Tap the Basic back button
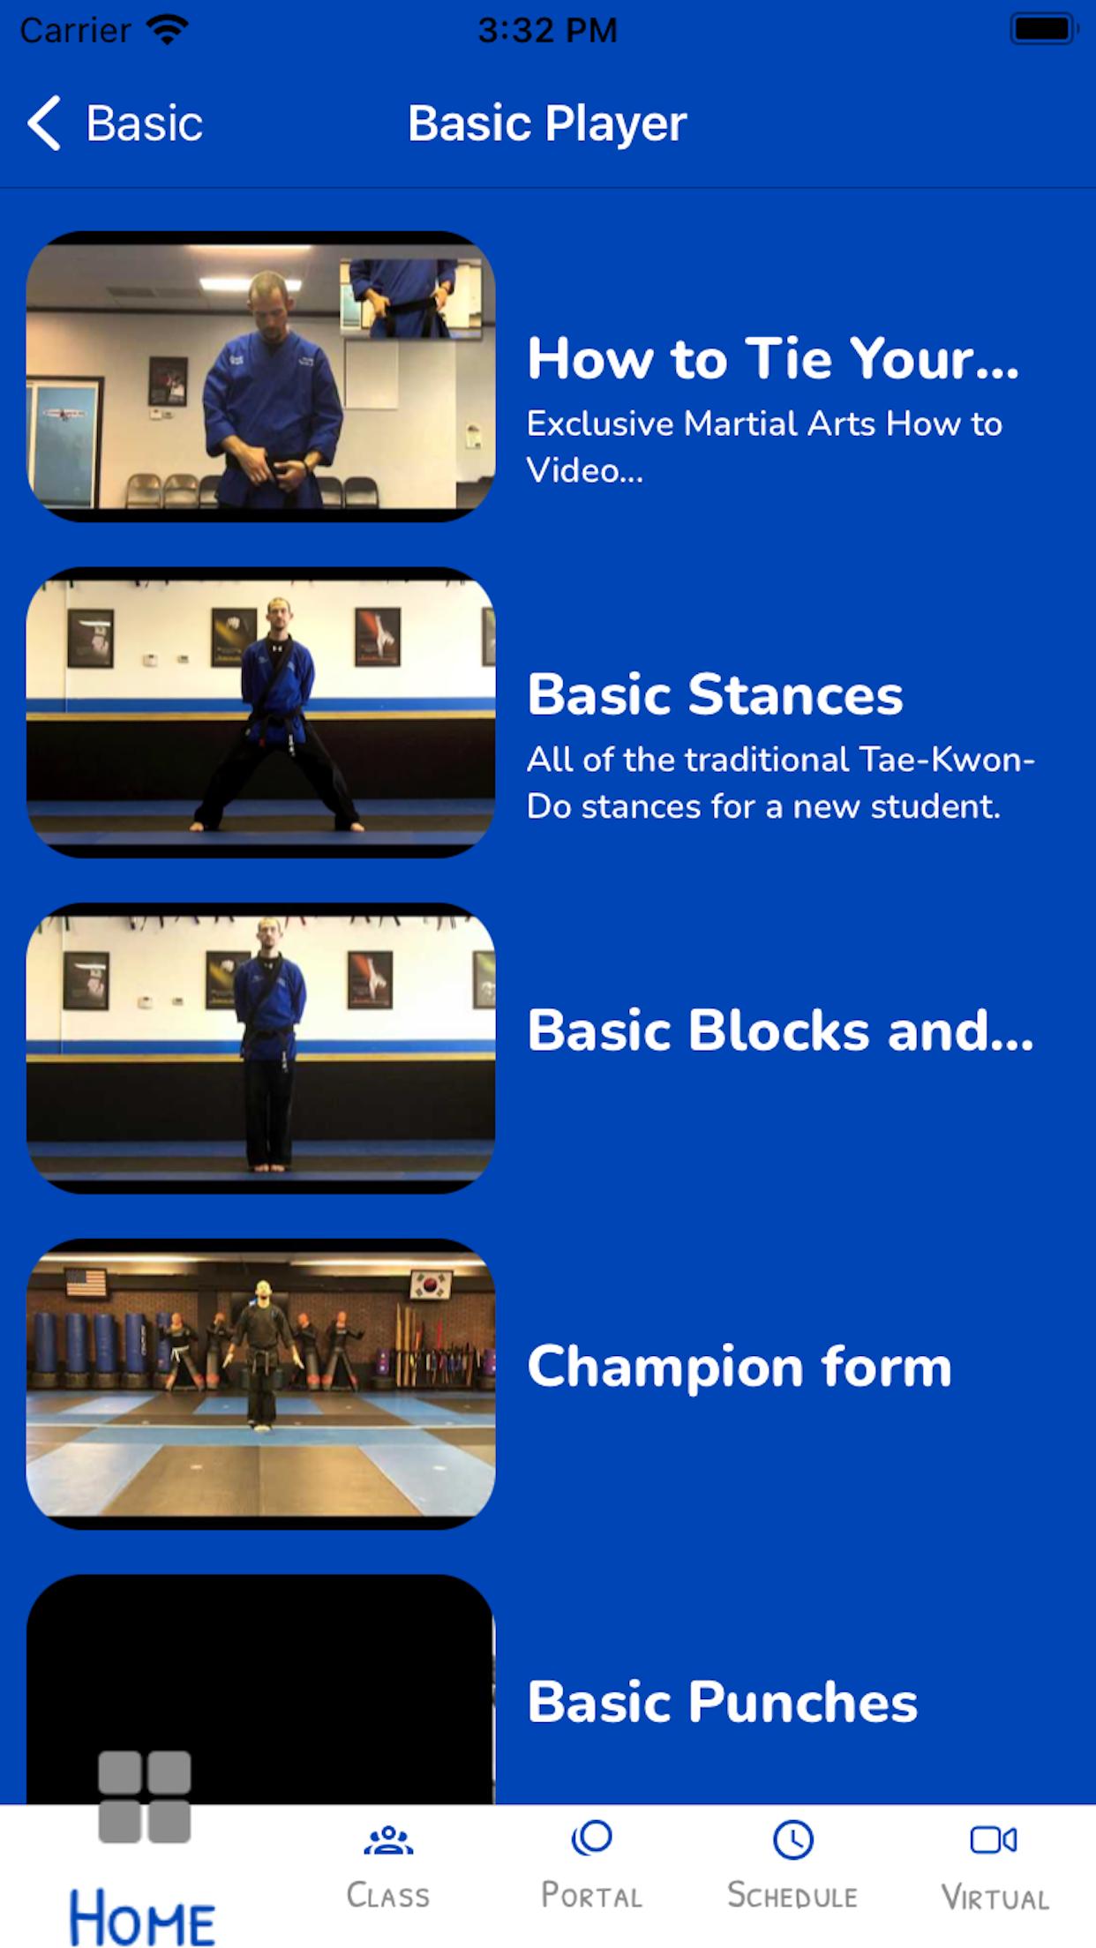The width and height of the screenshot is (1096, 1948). [x=115, y=123]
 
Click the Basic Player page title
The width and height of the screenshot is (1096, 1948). [x=547, y=124]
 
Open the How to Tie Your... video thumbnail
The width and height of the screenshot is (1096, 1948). [x=260, y=377]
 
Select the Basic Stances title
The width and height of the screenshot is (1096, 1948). [x=715, y=694]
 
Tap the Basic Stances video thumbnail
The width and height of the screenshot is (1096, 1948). [x=260, y=712]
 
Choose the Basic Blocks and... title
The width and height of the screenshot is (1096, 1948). [x=780, y=1030]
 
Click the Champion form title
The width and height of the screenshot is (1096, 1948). [x=739, y=1367]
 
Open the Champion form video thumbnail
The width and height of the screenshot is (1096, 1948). [x=260, y=1383]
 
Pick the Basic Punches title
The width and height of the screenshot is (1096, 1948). [x=722, y=1702]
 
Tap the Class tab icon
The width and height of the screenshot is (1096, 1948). [x=388, y=1840]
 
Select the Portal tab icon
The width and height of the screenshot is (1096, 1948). [x=591, y=1839]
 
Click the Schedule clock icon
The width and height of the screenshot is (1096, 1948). [x=793, y=1840]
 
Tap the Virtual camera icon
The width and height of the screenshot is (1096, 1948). [x=994, y=1839]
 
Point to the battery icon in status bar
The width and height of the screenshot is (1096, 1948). [x=1044, y=29]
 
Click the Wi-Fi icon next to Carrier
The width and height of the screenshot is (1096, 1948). [x=168, y=30]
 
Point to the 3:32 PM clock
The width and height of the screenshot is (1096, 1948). [x=547, y=30]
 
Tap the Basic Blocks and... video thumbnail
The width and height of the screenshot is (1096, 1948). [x=260, y=1048]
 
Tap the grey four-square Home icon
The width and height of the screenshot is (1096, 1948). [x=145, y=1797]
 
